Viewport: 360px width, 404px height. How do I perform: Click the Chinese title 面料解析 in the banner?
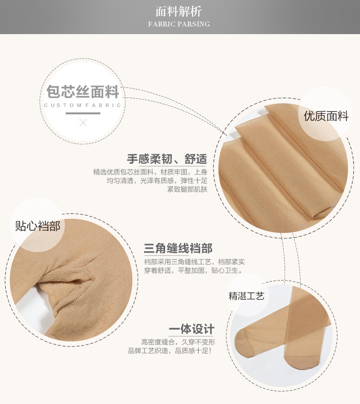(179, 12)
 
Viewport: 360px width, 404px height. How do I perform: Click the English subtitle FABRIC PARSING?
(179, 24)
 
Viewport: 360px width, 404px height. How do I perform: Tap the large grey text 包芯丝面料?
(83, 92)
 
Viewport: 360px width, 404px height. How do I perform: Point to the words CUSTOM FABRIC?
(83, 105)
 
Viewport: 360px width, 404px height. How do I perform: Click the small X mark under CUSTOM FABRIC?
(83, 122)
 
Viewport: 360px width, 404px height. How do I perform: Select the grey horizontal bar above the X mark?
(83, 113)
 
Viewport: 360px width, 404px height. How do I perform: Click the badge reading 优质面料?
(326, 116)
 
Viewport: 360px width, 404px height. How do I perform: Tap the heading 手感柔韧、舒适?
(167, 159)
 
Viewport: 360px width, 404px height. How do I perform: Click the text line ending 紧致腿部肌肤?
(187, 189)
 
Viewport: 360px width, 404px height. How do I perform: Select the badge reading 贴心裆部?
(37, 226)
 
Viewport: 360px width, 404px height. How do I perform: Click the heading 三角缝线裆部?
(178, 248)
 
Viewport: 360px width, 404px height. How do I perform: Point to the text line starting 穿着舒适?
(193, 270)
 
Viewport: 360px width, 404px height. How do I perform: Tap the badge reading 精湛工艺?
(246, 296)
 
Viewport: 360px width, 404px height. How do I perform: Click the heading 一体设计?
(192, 329)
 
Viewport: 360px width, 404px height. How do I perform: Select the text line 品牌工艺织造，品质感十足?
(170, 351)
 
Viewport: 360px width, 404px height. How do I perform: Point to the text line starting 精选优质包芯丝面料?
(150, 172)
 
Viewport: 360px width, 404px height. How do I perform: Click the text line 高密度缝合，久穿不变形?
(178, 342)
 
